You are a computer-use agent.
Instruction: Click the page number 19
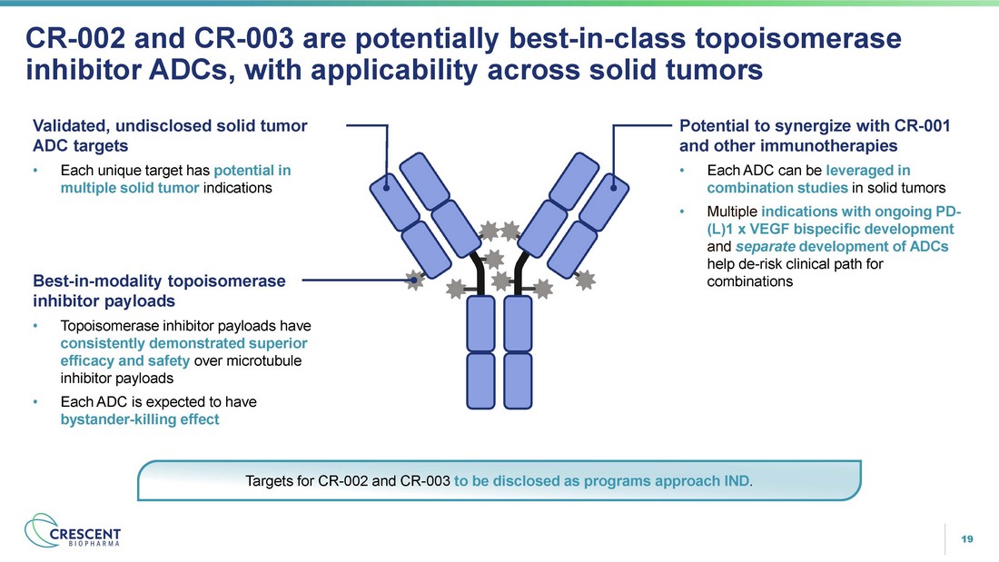(966, 539)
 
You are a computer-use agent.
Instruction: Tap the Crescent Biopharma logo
(72, 531)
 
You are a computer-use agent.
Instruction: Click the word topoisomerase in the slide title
(797, 38)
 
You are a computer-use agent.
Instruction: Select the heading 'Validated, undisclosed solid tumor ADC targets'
(170, 135)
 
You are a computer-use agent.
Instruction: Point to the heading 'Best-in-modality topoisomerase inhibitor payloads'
(159, 291)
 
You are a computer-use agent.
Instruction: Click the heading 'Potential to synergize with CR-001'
(815, 125)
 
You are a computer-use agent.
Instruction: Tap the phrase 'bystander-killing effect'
(140, 419)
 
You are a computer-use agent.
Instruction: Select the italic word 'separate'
(766, 246)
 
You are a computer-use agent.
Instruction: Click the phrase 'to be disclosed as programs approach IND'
(601, 480)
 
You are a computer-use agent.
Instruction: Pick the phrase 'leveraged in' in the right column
(867, 170)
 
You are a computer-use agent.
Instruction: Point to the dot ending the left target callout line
(387, 187)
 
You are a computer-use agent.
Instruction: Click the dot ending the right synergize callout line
(614, 187)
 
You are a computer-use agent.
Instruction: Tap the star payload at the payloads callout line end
(415, 279)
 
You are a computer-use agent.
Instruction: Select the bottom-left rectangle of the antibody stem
(480, 380)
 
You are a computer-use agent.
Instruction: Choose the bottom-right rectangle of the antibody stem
(518, 380)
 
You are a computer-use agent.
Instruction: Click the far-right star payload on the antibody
(585, 279)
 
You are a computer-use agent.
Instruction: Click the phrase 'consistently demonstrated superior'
(183, 343)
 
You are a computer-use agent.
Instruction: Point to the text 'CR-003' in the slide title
(244, 38)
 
